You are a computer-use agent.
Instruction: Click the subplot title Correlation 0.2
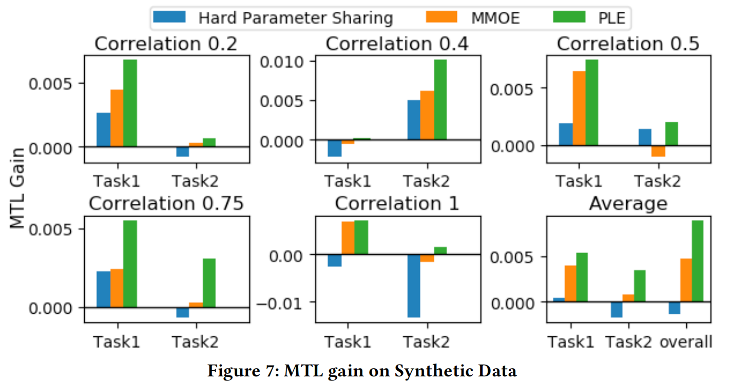pos(166,44)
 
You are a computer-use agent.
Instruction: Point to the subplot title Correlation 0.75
pos(166,204)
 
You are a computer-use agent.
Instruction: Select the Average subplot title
pos(628,204)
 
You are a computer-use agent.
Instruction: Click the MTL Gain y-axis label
pos(18,187)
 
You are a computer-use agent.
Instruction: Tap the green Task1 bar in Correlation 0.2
pos(130,103)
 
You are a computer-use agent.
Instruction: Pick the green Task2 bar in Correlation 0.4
pos(440,100)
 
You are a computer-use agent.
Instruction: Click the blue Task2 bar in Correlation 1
pos(414,286)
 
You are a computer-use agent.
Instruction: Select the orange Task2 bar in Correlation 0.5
pos(658,151)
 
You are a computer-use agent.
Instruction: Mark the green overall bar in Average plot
pos(697,261)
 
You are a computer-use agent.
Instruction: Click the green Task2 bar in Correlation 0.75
pos(209,283)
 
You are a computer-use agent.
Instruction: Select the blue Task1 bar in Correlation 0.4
pos(335,148)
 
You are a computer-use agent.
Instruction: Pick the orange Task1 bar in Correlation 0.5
pos(579,108)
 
